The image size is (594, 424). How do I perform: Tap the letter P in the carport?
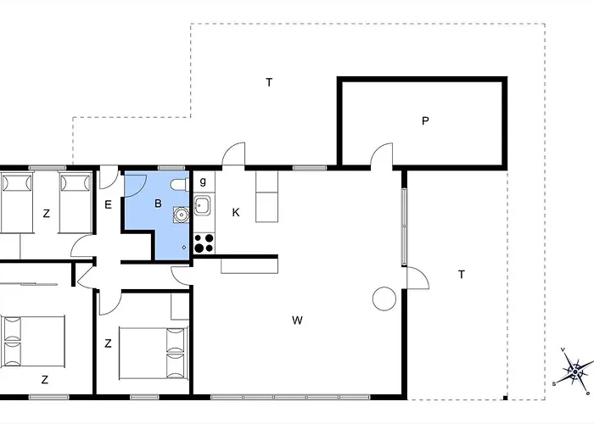(425, 120)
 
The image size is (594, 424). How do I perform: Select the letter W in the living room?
(297, 321)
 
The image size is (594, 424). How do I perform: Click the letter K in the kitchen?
(236, 212)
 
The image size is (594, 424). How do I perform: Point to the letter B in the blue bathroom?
(158, 204)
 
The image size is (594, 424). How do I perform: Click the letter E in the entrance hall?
(108, 205)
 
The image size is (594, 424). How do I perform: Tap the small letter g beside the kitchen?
(203, 181)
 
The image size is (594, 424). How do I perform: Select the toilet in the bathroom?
(180, 185)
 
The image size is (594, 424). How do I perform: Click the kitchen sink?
(203, 205)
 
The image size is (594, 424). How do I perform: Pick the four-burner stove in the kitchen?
(204, 243)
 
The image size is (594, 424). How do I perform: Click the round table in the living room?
(384, 298)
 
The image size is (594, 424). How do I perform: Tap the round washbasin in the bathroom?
(181, 215)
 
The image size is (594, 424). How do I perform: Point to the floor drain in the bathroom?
(184, 248)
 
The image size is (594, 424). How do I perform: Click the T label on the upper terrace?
(269, 82)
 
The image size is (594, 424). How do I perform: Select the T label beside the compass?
(461, 275)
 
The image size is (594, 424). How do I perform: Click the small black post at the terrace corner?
(505, 398)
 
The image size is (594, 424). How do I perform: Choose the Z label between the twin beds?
(46, 214)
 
